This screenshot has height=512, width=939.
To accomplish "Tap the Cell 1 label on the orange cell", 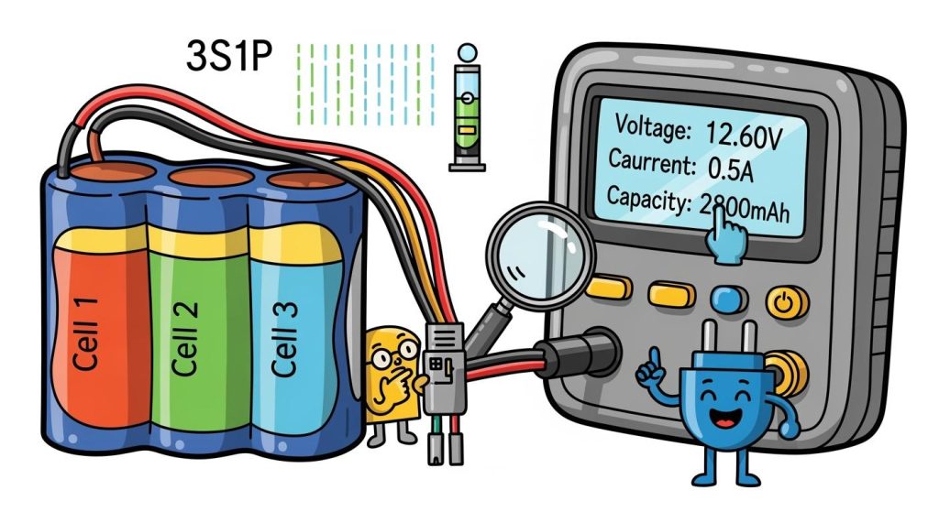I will [x=86, y=332].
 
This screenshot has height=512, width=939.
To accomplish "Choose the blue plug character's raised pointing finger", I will [x=654, y=358].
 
